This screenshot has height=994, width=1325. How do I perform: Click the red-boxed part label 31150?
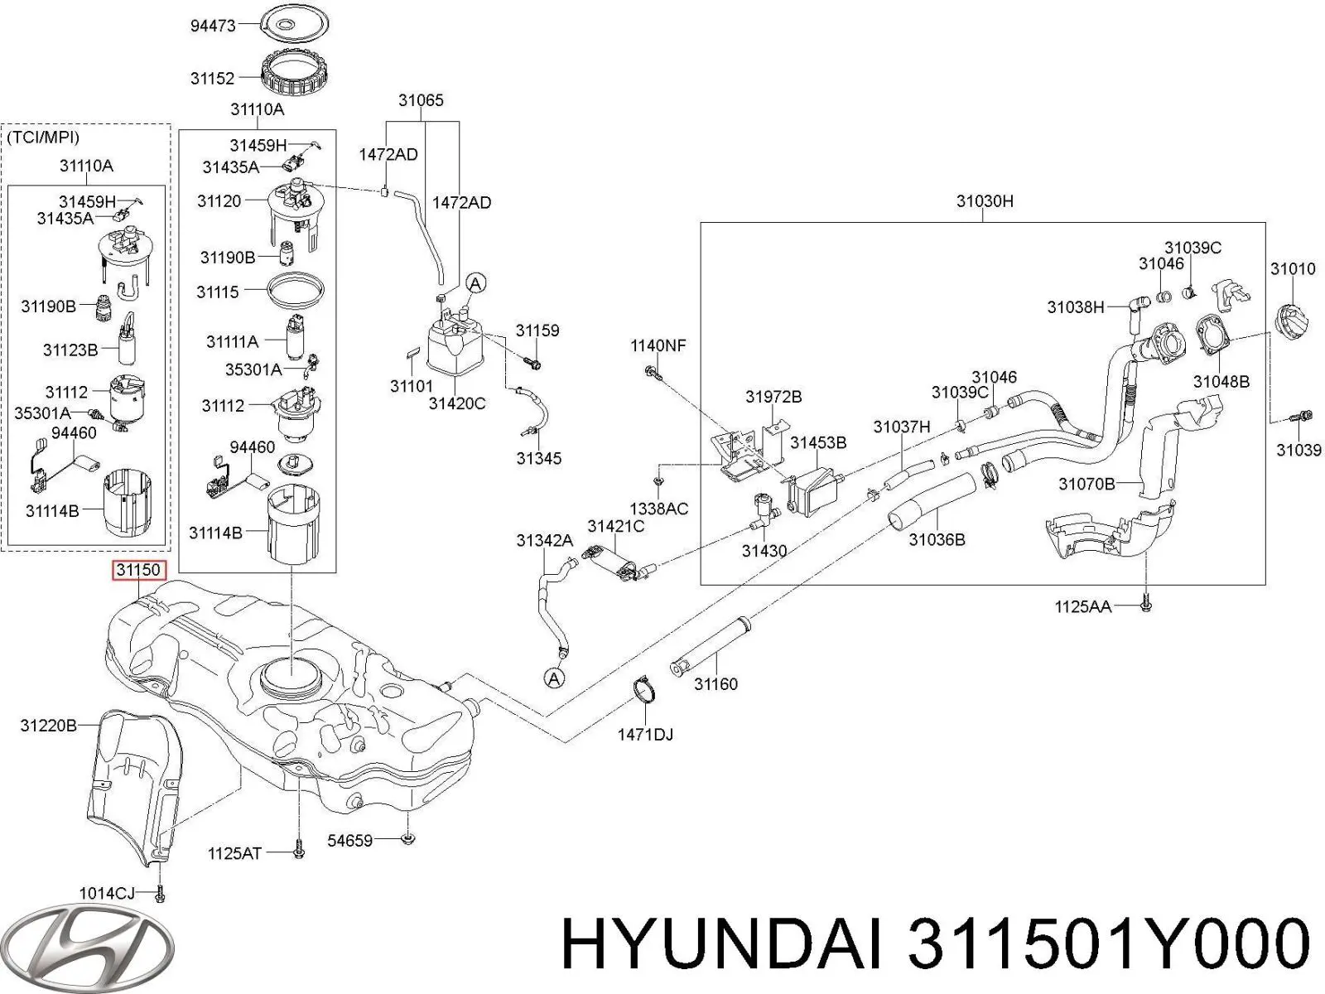139,570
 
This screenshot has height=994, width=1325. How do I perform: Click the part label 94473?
213,26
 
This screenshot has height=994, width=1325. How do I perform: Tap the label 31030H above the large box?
984,201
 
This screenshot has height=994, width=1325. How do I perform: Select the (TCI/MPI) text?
43,138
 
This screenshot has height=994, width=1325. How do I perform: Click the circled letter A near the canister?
475,283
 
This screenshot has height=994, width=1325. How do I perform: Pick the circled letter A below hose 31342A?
554,678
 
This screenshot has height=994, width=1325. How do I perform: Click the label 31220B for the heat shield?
49,726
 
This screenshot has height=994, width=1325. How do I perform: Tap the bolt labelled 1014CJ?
161,893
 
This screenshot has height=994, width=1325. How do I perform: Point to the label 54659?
349,841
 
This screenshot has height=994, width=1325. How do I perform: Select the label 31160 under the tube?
715,683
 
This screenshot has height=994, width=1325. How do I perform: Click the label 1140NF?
658,345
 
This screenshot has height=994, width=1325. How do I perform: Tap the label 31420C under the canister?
457,403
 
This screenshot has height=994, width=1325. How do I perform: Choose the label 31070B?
1086,484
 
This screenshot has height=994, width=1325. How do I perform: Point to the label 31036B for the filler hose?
937,539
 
